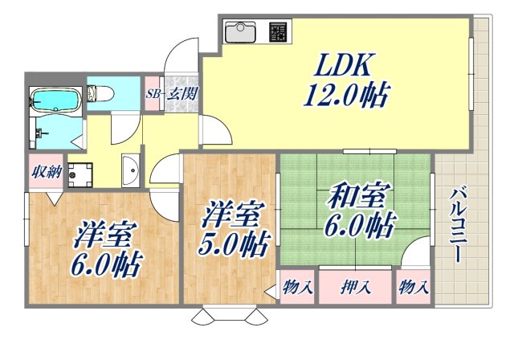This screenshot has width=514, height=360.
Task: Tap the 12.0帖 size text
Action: tap(345, 97)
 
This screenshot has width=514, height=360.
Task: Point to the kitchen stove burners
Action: tap(279, 33)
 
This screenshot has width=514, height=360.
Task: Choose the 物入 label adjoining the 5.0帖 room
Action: tap(298, 287)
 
